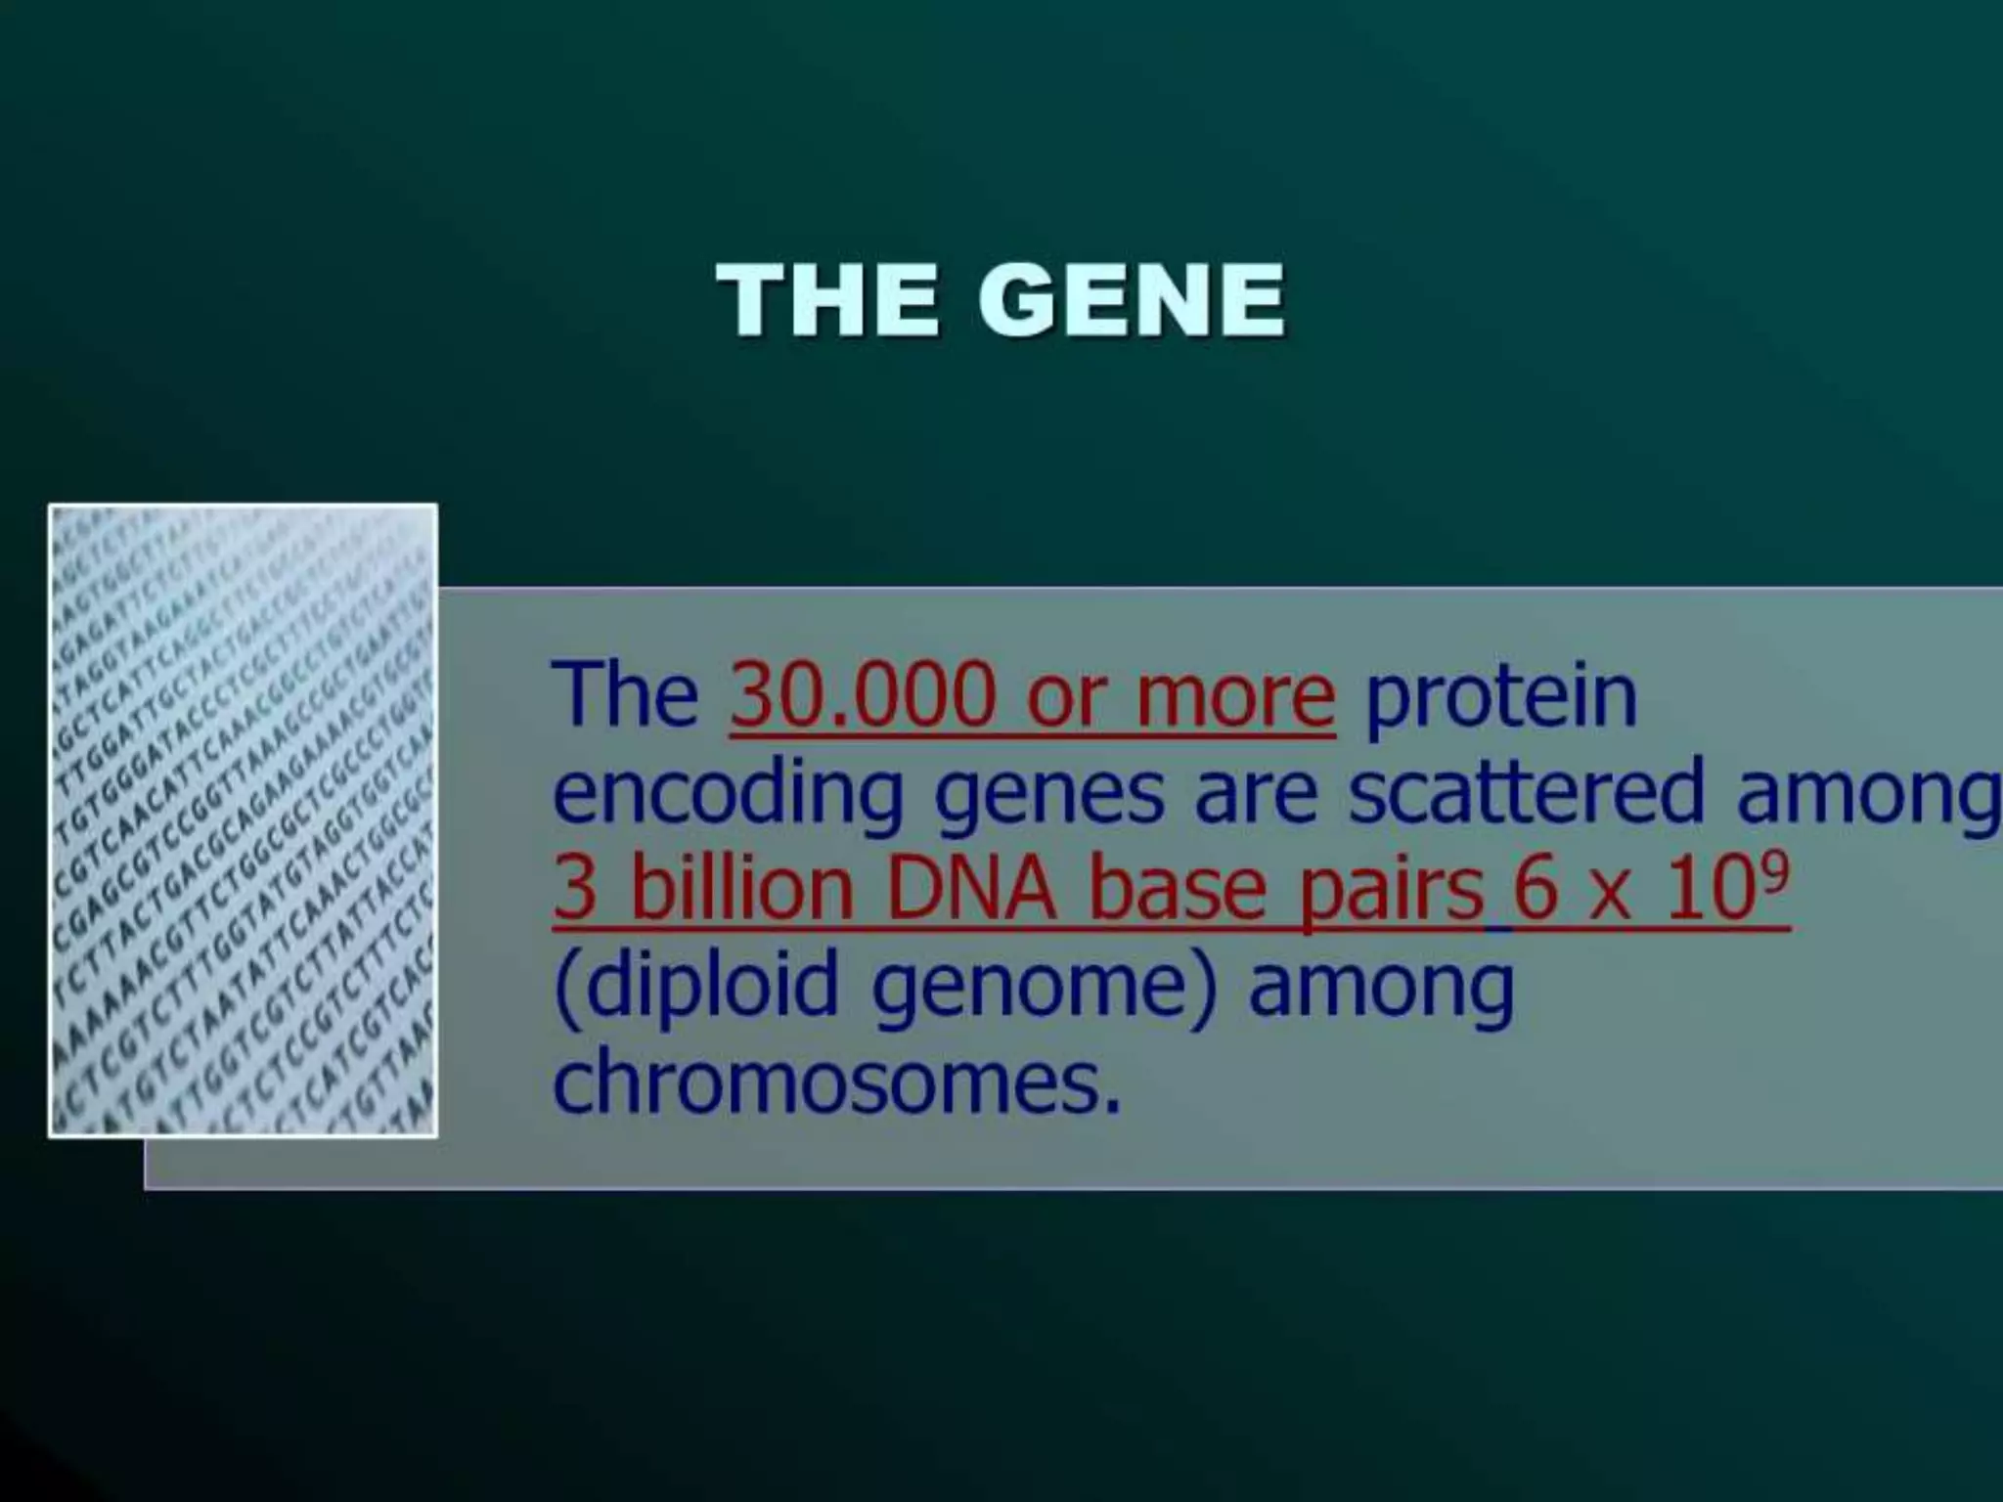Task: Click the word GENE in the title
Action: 1132,300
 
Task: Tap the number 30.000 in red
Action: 862,696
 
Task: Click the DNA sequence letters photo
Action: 243,820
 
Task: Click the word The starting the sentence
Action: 625,696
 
